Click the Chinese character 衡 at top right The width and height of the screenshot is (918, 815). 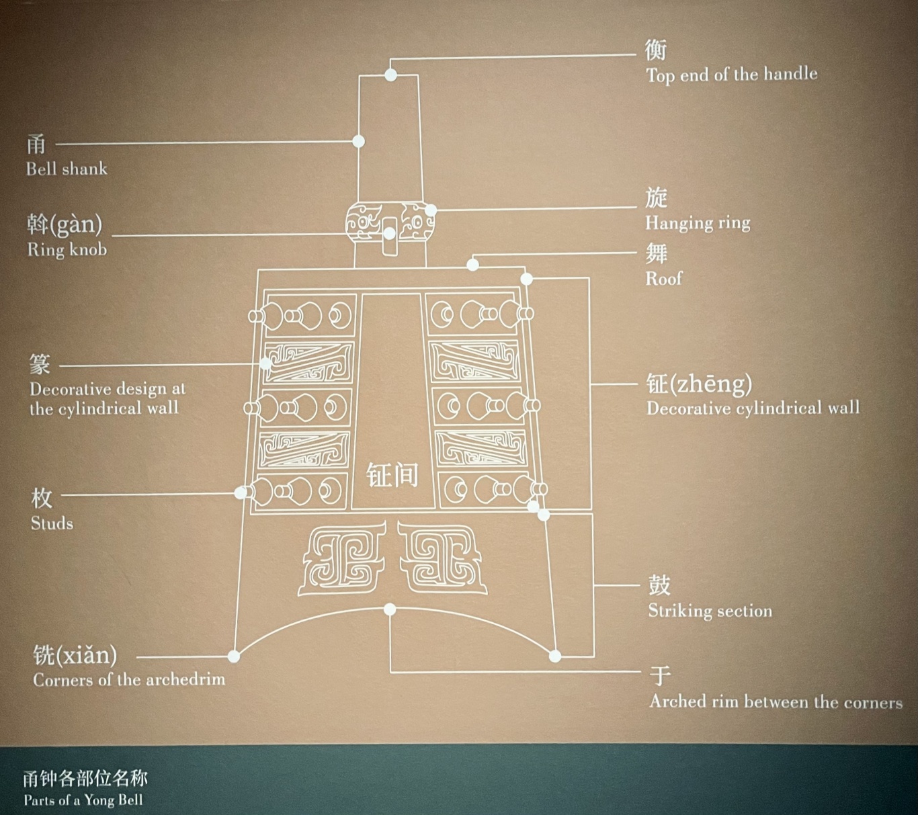coord(656,50)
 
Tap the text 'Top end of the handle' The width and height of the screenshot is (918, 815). coord(731,74)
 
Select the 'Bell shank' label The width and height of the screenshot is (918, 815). coord(67,169)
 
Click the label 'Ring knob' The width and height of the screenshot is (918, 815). coord(67,250)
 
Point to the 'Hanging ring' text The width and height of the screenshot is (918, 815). coord(698,223)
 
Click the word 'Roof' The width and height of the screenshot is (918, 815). coord(663,278)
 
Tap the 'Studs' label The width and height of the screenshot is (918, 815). coord(52,523)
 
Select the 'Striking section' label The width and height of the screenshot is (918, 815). coord(710,611)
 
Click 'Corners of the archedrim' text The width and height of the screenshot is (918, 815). coord(129,680)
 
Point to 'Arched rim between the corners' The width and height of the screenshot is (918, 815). coord(776,702)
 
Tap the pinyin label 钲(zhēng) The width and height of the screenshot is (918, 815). coord(699,384)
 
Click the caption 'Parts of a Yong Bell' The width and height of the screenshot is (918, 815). coord(83,800)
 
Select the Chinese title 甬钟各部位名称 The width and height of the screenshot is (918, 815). coord(85,779)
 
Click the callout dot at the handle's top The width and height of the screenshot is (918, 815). coord(390,75)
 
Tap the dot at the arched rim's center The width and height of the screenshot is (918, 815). coord(390,609)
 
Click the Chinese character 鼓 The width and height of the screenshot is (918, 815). coord(659,585)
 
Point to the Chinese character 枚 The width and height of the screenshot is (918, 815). coord(42,498)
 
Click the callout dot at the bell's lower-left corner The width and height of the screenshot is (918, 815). coord(234,656)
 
